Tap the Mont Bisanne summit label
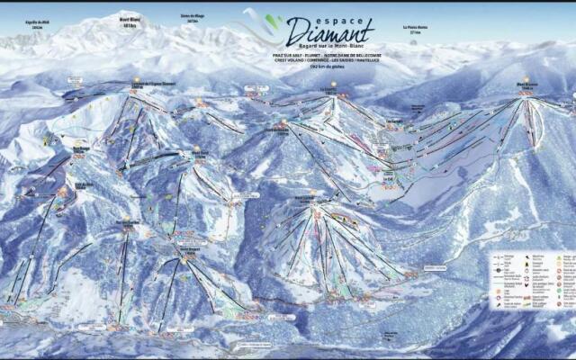tap(526, 86)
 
